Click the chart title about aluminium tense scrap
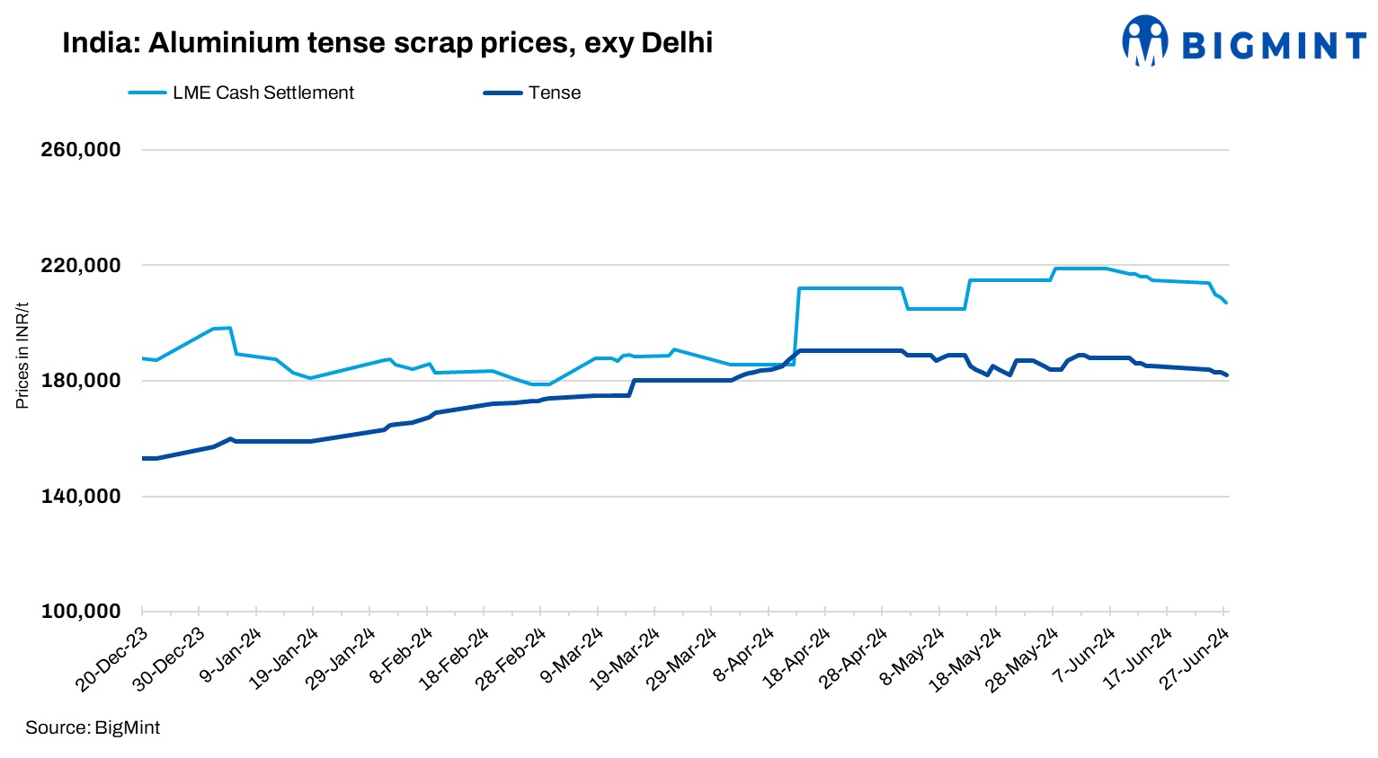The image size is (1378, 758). [x=387, y=42]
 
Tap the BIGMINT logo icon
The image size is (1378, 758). [x=1144, y=41]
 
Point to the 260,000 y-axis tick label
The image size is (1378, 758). [x=81, y=150]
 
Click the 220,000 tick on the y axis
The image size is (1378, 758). [x=81, y=266]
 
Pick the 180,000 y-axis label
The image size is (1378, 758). [x=81, y=381]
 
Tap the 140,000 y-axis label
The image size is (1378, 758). [x=81, y=497]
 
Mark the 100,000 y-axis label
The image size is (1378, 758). [x=81, y=612]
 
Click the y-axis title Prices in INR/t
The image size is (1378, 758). [x=22, y=355]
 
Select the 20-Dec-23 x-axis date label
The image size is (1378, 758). [x=112, y=660]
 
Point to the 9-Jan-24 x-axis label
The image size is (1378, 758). [x=231, y=655]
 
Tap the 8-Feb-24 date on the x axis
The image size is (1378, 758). [x=402, y=655]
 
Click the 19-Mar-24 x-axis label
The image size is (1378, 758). [x=625, y=660]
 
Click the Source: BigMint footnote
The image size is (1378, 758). [x=93, y=727]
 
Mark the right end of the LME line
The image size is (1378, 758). [x=1226, y=303]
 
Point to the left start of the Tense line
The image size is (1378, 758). [x=143, y=458]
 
